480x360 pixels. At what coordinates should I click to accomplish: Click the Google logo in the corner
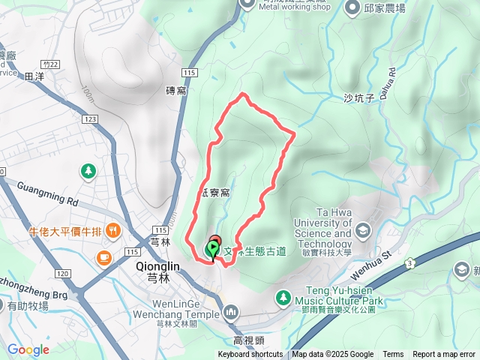coord(28,349)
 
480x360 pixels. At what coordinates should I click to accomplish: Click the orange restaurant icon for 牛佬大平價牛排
coord(112,229)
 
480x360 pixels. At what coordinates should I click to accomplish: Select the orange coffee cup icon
coord(103,259)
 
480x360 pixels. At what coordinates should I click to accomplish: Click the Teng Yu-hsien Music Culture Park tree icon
coord(283,296)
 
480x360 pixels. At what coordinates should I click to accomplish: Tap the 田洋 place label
coord(34,76)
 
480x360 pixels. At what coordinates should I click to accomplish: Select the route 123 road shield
coord(91,119)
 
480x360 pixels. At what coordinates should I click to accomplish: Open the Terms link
coord(393,355)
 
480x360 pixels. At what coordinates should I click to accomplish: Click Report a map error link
coord(444,355)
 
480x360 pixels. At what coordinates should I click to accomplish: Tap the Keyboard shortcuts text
coord(250,355)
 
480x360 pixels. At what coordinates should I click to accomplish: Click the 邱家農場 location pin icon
coord(353,8)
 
